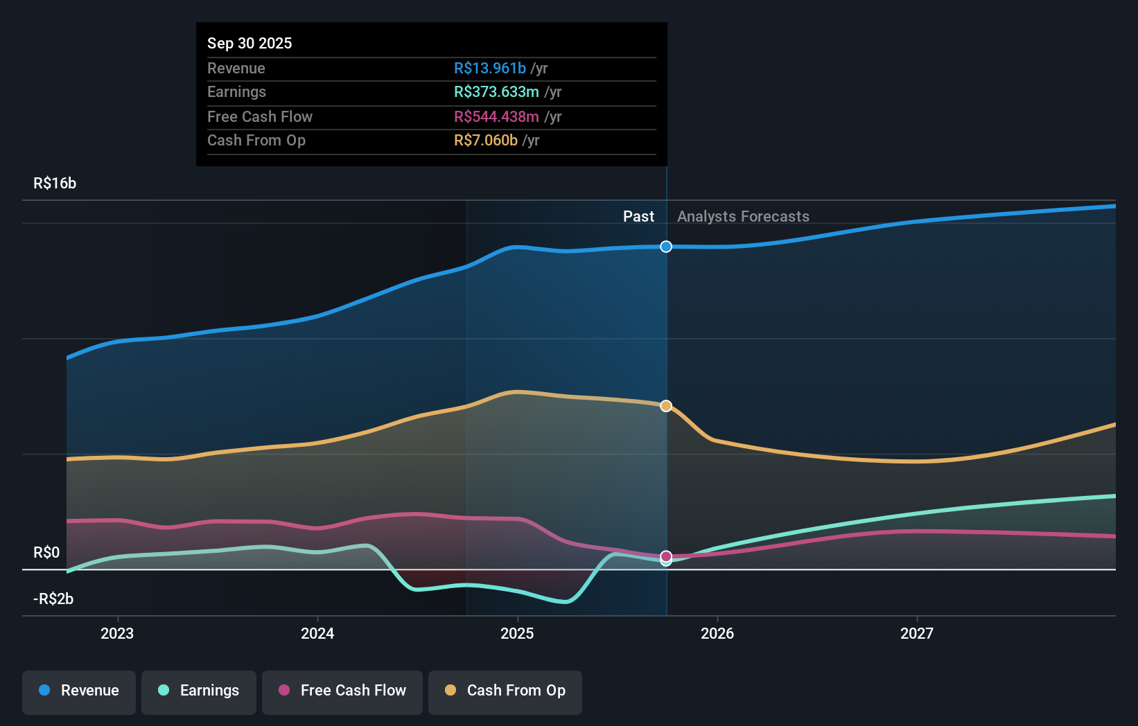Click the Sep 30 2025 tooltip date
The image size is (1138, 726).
250,43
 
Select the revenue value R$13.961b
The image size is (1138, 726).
489,68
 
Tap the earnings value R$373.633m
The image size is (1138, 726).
496,91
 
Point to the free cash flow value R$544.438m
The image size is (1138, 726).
496,116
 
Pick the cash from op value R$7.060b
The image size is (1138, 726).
485,140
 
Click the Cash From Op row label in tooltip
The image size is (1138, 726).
256,140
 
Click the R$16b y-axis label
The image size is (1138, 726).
55,183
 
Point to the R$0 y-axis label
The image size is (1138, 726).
46,552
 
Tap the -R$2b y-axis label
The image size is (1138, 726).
53,599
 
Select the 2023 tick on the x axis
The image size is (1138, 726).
117,633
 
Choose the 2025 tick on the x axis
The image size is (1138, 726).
517,633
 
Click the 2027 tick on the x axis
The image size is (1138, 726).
916,633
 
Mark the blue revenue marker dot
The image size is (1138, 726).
666,247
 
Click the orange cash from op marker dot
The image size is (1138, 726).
666,406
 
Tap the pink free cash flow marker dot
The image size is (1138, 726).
666,556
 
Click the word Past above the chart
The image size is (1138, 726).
638,216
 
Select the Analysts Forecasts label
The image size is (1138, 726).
743,216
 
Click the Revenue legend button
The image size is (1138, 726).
79,691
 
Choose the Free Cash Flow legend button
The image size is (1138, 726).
342,691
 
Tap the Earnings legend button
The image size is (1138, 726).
199,691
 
